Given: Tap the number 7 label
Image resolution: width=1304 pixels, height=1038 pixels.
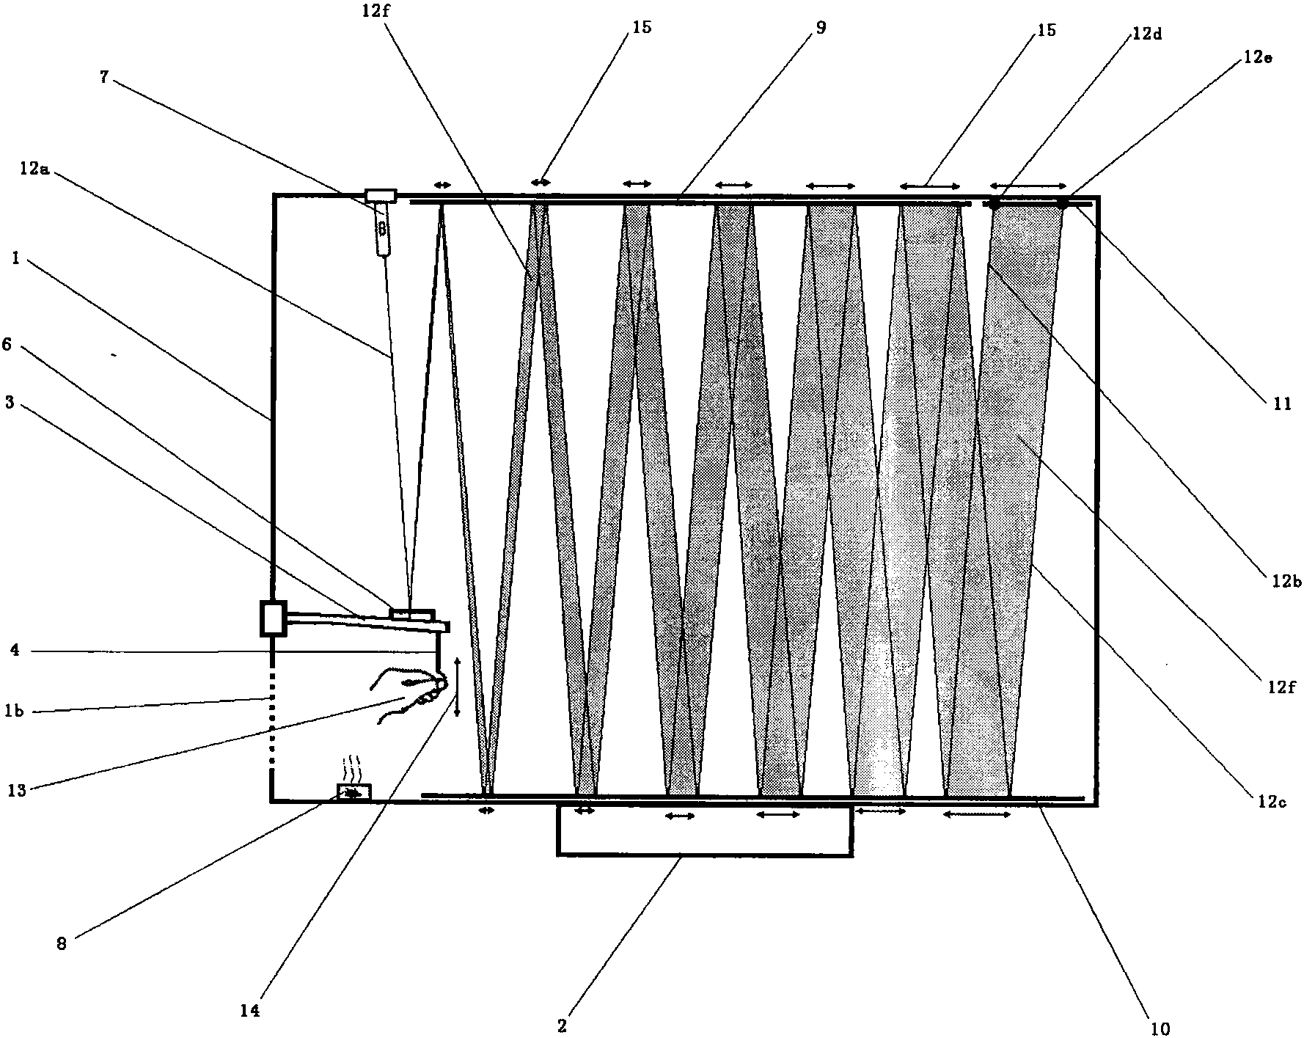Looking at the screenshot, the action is [105, 77].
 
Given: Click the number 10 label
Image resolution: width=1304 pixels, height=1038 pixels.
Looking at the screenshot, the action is [1160, 1029].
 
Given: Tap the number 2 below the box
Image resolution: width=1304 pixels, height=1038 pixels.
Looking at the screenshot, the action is [562, 1026].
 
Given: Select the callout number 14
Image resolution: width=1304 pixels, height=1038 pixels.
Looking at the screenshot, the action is [250, 1011].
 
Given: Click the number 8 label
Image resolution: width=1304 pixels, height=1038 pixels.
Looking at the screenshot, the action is [62, 943].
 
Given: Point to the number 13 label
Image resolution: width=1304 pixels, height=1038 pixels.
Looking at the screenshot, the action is [16, 790].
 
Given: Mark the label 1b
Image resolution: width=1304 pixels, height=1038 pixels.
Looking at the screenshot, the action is [15, 711].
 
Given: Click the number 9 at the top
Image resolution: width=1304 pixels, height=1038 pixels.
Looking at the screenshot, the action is [821, 28].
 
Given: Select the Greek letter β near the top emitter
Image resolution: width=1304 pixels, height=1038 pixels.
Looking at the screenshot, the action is [382, 229].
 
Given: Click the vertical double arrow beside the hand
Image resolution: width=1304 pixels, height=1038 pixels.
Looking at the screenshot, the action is [457, 687].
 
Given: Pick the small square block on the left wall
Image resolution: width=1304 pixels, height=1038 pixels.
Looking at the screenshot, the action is [273, 618].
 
